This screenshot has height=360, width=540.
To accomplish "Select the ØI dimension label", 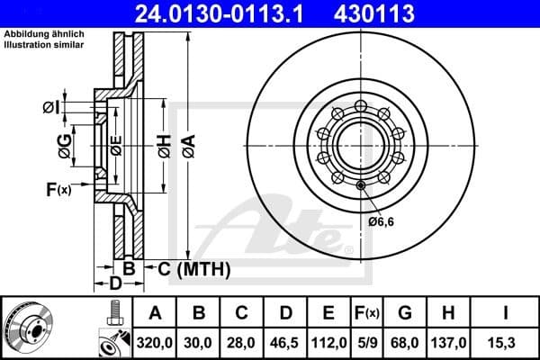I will coord(51,108).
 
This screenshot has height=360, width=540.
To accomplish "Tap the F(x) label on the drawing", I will coord(58,189).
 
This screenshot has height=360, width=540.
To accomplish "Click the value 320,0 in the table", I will coord(155,342).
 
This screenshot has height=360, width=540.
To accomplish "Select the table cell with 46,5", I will coord(285,342).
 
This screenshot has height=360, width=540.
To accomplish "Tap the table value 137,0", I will coord(449,342).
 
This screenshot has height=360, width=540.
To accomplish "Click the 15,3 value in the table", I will coord(506,342).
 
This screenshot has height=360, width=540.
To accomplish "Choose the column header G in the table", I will coord(406,313).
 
